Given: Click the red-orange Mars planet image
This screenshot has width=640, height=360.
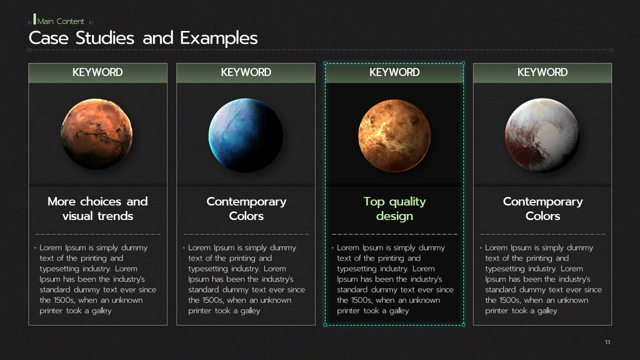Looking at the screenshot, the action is tap(96, 134).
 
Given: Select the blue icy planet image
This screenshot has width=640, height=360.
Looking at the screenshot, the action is tap(245, 135).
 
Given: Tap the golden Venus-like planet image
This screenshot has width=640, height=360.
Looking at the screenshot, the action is tap(394, 135).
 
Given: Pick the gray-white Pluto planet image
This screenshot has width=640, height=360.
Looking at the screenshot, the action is tap(542, 135).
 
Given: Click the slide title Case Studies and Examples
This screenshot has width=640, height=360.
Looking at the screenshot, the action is tap(143, 38).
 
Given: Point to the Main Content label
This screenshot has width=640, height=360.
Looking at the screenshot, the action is tap(60, 21).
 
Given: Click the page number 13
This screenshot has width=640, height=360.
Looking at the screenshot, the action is tap(607, 342).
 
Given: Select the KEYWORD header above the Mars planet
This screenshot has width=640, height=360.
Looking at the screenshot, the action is tap(97, 72).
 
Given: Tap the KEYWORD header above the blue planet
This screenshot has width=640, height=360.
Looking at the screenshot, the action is tap(246, 72).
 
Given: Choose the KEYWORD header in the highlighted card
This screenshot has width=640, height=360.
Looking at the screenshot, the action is tap(394, 72).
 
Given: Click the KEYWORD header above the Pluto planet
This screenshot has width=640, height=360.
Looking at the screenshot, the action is tap(542, 72).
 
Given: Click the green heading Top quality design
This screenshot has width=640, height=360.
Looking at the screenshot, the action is tap(394, 209).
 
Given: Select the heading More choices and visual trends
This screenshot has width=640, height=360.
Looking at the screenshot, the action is tap(97, 209).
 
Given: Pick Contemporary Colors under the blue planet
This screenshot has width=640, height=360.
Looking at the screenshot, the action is tap(246, 209).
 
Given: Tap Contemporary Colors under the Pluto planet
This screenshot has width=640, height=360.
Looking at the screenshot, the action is tap(543, 209).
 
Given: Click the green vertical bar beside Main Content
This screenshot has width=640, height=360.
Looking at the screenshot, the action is tap(35, 19).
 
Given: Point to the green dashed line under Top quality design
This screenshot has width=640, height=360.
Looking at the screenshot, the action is tap(394, 234).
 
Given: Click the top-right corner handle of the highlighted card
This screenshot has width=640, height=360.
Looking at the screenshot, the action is tap(463, 63).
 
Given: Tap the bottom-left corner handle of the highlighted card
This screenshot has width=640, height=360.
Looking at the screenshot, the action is tap(325, 325).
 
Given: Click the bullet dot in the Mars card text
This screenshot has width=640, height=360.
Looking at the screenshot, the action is tap(35, 247).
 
